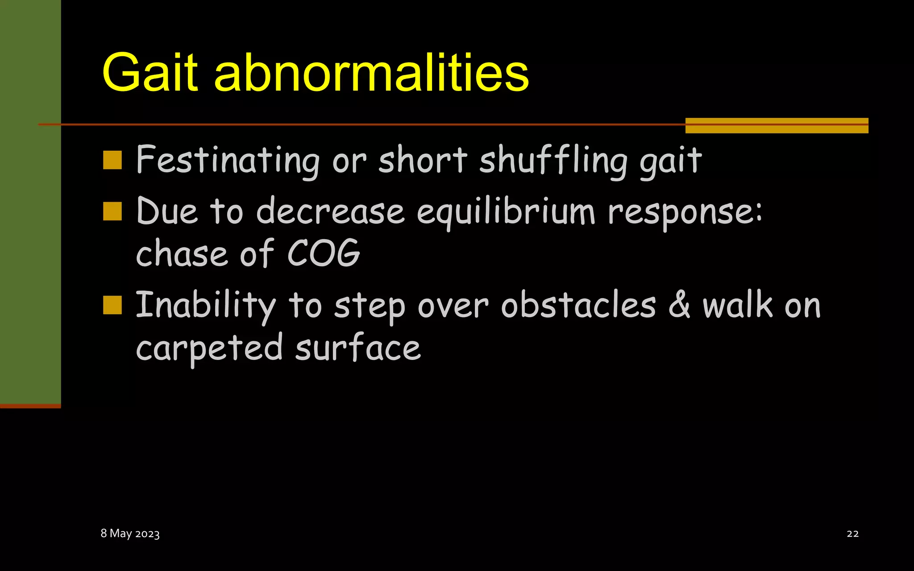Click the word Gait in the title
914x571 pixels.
[150, 72]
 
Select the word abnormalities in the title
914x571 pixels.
[371, 72]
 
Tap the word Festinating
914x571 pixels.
[228, 161]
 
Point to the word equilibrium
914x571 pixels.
[506, 211]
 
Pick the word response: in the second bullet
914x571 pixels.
[685, 211]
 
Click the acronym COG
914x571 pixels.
[324, 253]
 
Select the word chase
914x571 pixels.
[182, 253]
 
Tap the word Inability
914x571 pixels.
[206, 306]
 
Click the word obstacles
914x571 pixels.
[578, 306]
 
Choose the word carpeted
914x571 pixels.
[209, 348]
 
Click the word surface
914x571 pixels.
[358, 348]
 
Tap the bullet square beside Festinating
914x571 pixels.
[112, 160]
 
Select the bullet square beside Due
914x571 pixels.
[112, 211]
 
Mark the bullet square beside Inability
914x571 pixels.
[112, 306]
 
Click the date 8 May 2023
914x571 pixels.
[130, 534]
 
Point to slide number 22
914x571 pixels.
[852, 534]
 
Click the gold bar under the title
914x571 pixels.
[777, 125]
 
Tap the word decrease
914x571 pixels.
[330, 211]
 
